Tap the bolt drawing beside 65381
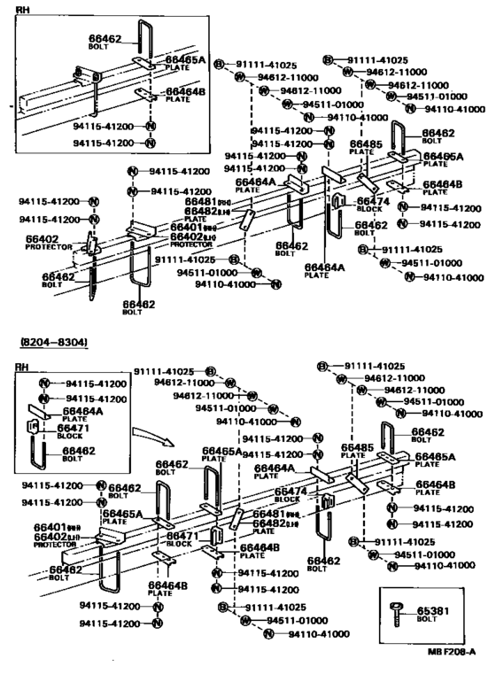pyautogui.click(x=396, y=612)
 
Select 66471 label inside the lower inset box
pyautogui.click(x=79, y=427)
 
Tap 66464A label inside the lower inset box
pyautogui.click(x=82, y=410)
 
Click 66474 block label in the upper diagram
pyautogui.click(x=373, y=201)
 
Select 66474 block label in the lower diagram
pyautogui.click(x=291, y=490)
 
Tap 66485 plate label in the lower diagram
pyautogui.click(x=357, y=448)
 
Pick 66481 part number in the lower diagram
pyautogui.click(x=267, y=514)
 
